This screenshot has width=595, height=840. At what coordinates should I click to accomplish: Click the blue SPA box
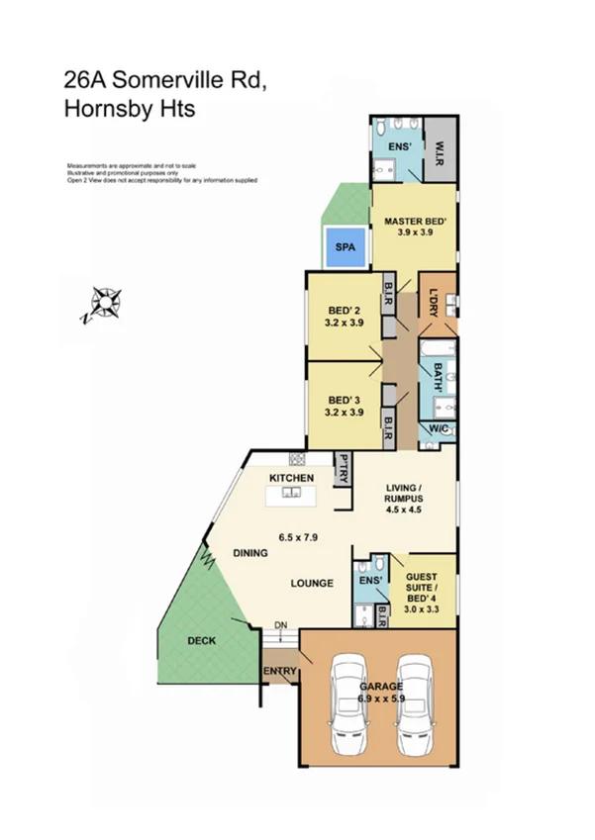pos(345,244)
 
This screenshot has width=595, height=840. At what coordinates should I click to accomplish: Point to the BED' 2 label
pos(345,310)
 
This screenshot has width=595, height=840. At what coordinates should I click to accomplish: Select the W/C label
pos(437,428)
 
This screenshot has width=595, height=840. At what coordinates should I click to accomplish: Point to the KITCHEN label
pos(292,479)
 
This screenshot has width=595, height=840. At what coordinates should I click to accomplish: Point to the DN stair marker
pos(280,625)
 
